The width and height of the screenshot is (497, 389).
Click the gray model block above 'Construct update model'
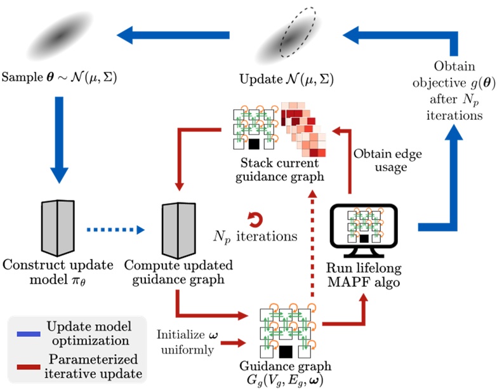[59, 227]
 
